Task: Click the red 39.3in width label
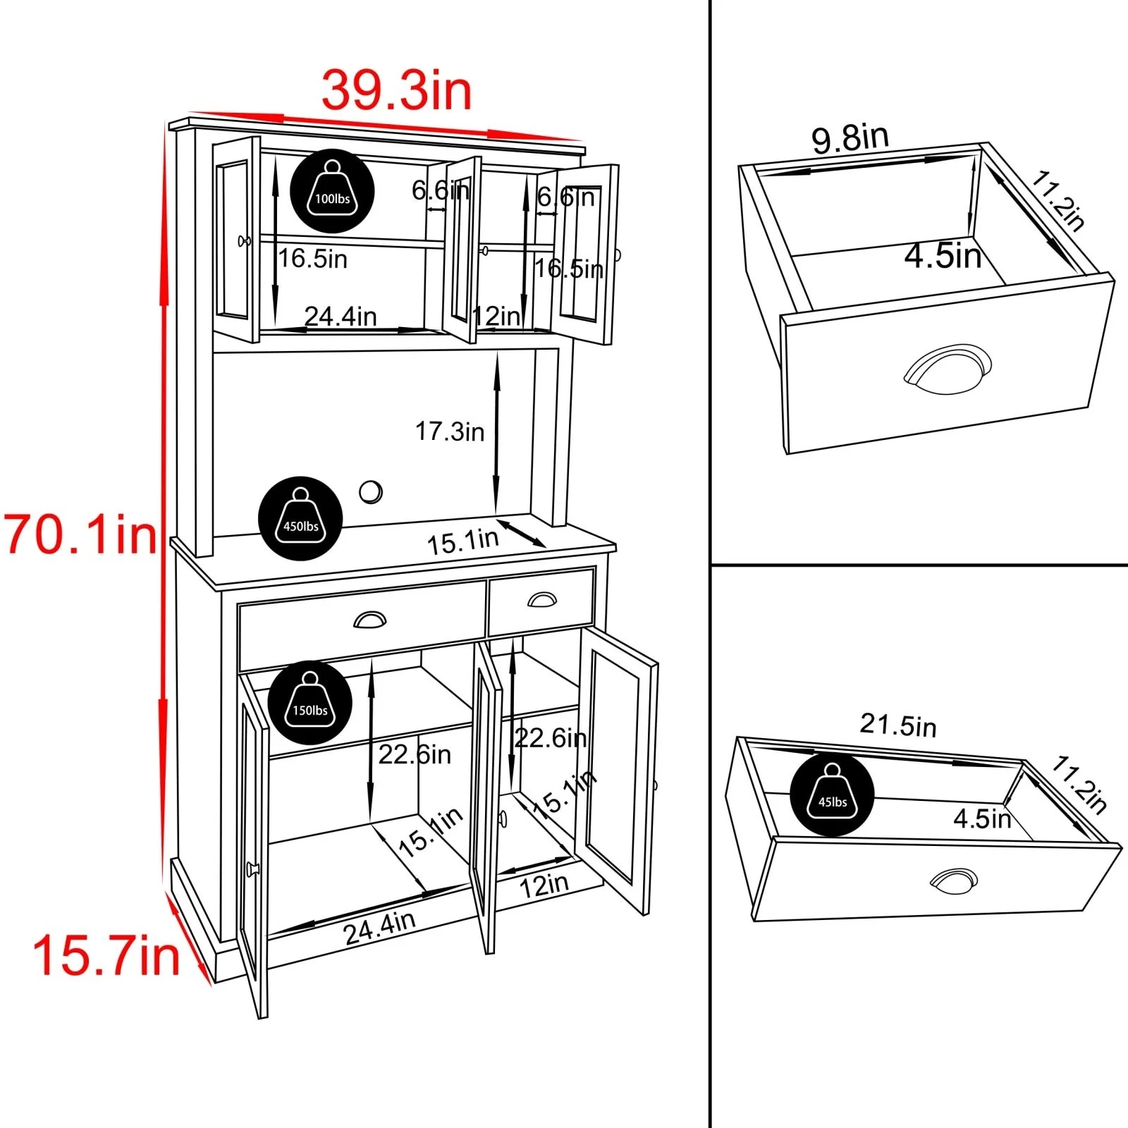pos(396,90)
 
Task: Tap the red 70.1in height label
pos(81,534)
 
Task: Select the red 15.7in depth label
pos(106,956)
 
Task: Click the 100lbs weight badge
pos(332,191)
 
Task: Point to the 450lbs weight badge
pos(300,518)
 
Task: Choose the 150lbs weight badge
pos(310,702)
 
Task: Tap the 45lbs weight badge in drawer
pos(832,794)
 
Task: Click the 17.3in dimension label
pos(449,431)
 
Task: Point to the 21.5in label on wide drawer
pos(898,725)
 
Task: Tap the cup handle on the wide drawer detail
pos(954,881)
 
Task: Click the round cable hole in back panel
pos(370,491)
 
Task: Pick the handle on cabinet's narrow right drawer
pos(541,599)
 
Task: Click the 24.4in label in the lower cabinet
pos(379,927)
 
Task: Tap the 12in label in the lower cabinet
pos(544,885)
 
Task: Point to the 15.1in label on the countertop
pos(462,541)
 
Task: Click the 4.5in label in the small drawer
pos(943,255)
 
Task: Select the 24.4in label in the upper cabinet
pos(341,316)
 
